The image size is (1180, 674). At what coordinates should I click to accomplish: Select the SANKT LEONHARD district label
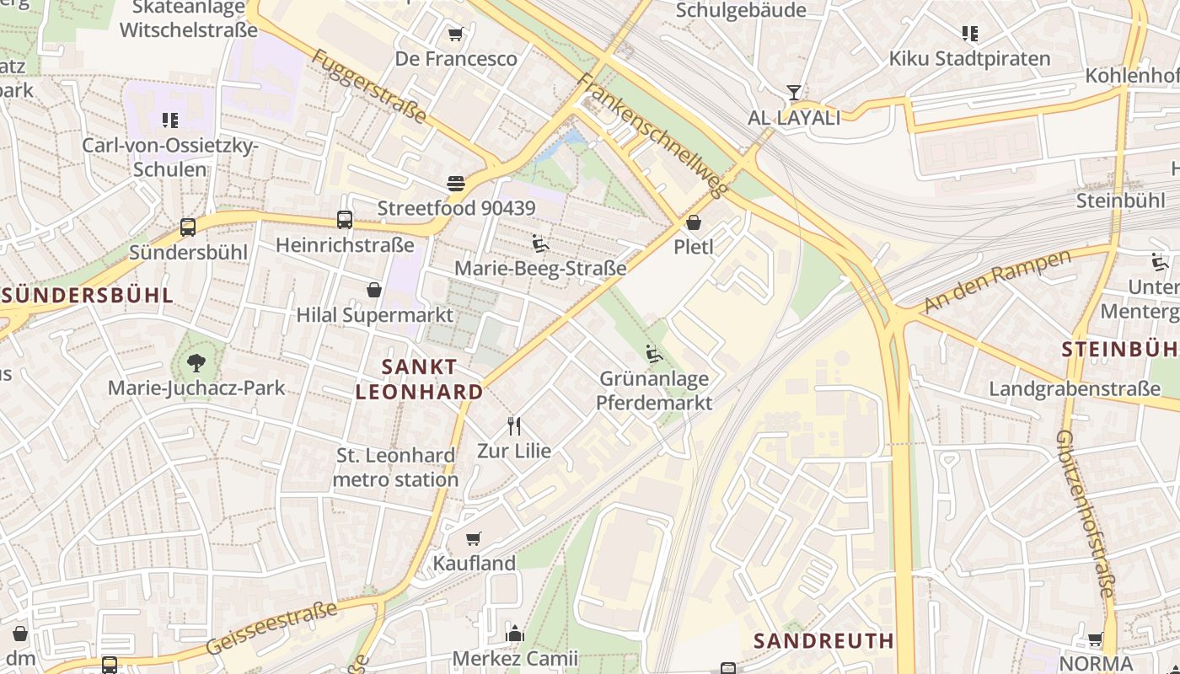coord(419,379)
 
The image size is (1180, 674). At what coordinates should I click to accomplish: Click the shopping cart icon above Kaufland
coord(474,538)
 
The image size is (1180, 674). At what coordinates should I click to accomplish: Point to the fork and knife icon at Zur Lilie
coord(514,426)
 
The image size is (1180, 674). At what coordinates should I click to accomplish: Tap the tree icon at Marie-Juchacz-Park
coord(196,363)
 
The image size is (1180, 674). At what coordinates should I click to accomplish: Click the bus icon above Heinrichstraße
coord(345,220)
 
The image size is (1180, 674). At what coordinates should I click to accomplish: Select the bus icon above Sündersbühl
coord(188,227)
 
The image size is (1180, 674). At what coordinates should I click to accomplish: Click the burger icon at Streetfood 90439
coord(456,184)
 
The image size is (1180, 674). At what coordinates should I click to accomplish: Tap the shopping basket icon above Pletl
coord(694,223)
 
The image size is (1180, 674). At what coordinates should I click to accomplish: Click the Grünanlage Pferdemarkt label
coord(654,391)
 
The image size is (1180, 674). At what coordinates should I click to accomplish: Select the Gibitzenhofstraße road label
coord(1086,514)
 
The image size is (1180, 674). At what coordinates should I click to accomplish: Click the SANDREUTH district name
coord(823,640)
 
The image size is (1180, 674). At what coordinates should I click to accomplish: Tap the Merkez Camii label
coord(515,658)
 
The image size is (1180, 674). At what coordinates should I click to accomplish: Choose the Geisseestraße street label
coord(271,629)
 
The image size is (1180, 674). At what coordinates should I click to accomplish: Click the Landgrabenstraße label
coord(1075,389)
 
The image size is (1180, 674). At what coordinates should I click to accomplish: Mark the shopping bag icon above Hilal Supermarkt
coord(374,291)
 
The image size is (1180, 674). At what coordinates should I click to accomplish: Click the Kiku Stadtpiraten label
coord(969,59)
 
